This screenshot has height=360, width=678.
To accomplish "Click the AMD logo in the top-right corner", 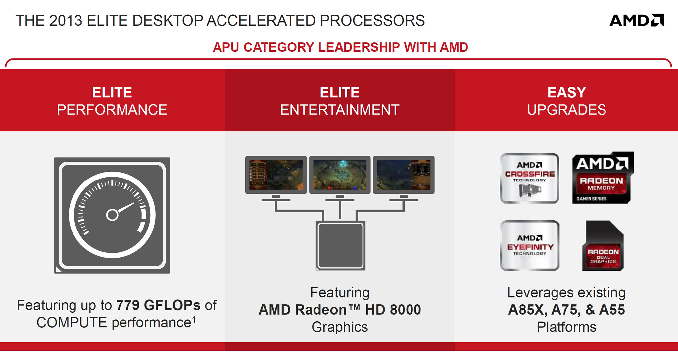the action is (637, 20).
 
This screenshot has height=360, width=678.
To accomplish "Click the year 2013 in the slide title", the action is (66, 21).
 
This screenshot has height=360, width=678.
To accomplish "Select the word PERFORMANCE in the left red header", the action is (112, 110).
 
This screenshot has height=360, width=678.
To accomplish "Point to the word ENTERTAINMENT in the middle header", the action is (340, 110).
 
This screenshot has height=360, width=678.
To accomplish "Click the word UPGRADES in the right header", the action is (566, 110).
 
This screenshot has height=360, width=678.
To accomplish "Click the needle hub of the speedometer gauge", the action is (112, 215).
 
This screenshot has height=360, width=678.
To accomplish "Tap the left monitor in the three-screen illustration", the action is (276, 175).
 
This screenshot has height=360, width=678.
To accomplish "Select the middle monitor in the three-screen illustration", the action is (340, 175).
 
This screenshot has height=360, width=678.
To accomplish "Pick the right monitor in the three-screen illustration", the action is (404, 175).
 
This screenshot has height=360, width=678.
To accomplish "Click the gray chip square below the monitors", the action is (340, 245).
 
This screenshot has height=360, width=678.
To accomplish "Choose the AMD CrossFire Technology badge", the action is (529, 178).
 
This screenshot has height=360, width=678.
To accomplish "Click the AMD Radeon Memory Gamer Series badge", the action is (603, 178).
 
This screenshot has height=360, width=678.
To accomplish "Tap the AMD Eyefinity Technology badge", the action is (529, 245).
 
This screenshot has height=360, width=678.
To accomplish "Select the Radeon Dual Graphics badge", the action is (603, 245).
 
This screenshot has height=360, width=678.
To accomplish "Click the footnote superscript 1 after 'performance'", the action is (194, 320).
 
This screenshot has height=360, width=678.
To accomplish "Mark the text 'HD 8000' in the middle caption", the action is (393, 310).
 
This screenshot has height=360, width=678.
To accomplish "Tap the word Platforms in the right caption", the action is (566, 327).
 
